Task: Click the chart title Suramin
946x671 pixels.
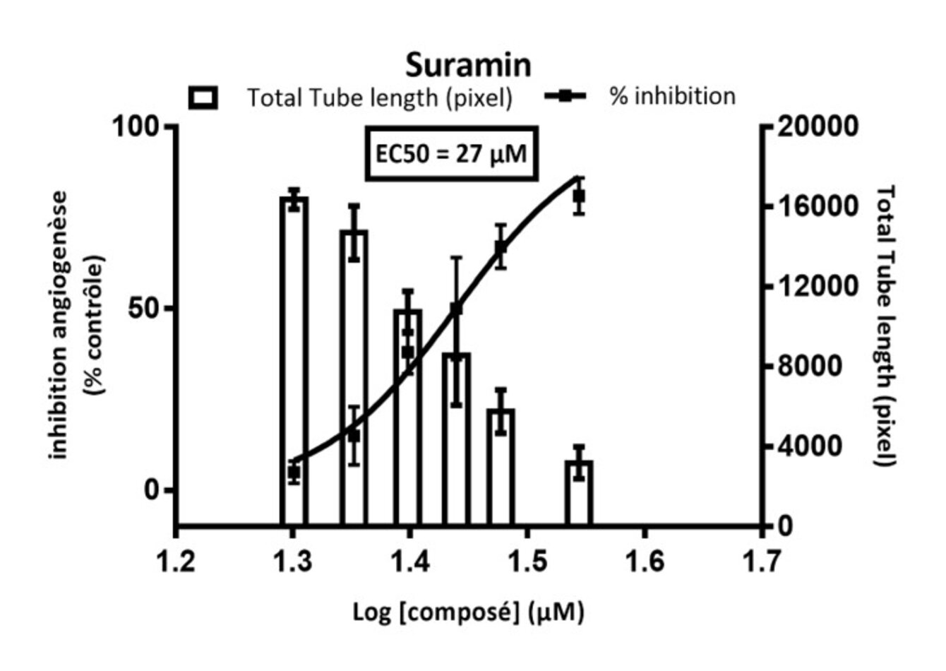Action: pyautogui.click(x=467, y=65)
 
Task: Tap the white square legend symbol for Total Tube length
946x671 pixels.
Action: pyautogui.click(x=203, y=97)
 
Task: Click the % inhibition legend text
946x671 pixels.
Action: pyautogui.click(x=672, y=96)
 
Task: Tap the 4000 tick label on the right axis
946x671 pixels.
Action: pyautogui.click(x=809, y=446)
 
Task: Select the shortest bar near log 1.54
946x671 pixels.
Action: pyautogui.click(x=579, y=494)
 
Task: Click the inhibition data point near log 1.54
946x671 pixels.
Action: pyautogui.click(x=579, y=196)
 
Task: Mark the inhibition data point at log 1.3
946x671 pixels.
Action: pyautogui.click(x=294, y=472)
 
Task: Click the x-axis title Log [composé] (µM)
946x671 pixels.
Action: pyautogui.click(x=468, y=612)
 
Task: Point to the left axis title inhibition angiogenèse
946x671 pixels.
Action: pyautogui.click(x=61, y=325)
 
